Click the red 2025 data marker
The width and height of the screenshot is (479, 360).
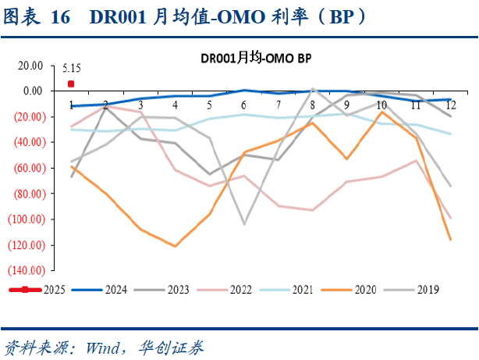[71, 84]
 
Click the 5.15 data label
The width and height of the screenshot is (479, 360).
[72, 69]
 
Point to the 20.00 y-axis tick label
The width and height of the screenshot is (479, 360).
[30, 66]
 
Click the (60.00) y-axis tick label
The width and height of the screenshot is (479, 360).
[27, 168]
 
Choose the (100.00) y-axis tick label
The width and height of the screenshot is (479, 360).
[26, 219]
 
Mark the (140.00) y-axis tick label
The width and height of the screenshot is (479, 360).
[26, 270]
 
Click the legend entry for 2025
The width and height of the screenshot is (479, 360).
[38, 290]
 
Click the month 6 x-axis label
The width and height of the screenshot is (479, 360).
[243, 105]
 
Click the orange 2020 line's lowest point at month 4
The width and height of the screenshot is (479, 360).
[175, 246]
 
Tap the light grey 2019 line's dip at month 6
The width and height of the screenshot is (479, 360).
[243, 224]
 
